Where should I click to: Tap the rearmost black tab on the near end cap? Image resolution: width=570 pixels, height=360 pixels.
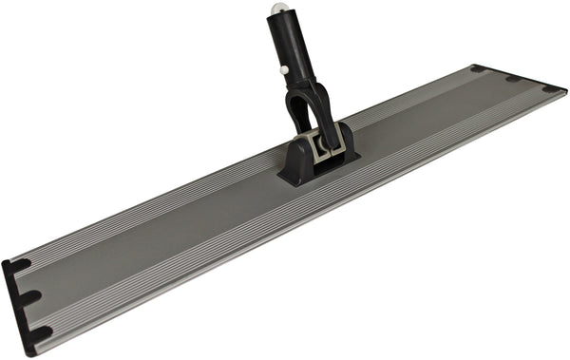(x=18, y=266)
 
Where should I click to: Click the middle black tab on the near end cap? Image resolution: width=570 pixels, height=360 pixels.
(x=28, y=297)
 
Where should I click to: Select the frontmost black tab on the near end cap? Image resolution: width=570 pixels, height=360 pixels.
(x=38, y=333)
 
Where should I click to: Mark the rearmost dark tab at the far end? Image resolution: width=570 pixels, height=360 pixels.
(x=478, y=68)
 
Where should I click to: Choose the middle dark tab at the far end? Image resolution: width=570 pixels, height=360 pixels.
(x=513, y=78)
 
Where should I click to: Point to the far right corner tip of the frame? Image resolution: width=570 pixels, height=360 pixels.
(x=566, y=91)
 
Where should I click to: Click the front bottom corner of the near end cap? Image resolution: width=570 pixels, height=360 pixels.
(x=28, y=353)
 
